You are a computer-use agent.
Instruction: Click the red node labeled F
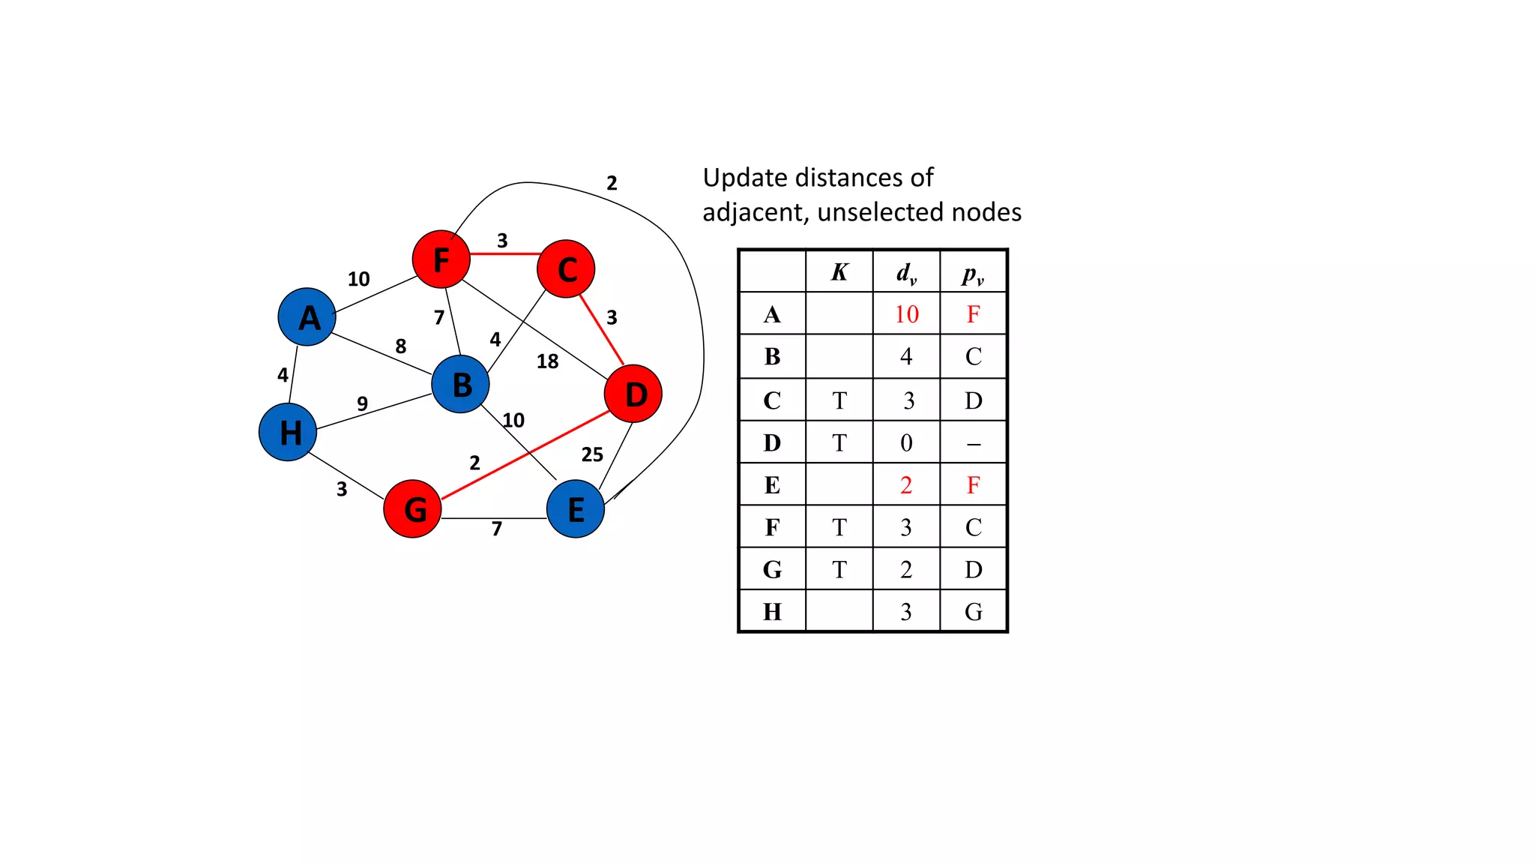pyautogui.click(x=441, y=259)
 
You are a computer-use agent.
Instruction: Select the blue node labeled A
pyautogui.click(x=307, y=317)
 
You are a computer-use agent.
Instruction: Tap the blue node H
pyautogui.click(x=288, y=432)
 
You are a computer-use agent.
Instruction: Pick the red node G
pyautogui.click(x=412, y=509)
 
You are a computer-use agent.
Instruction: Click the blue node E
pyautogui.click(x=576, y=509)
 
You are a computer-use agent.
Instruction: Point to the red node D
pyautogui.click(x=633, y=394)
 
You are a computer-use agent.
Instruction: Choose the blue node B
pyautogui.click(x=461, y=384)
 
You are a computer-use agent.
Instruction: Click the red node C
pyautogui.click(x=566, y=269)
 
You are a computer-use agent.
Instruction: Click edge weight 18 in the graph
pyautogui.click(x=547, y=361)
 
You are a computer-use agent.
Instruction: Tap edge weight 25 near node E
pyautogui.click(x=592, y=454)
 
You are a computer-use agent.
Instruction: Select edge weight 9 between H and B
pyautogui.click(x=362, y=403)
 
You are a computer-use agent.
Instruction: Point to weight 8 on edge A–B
pyautogui.click(x=401, y=346)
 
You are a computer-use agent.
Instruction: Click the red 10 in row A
pyautogui.click(x=906, y=314)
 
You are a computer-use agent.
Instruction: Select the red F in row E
pyautogui.click(x=973, y=485)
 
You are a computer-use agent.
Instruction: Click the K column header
pyautogui.click(x=839, y=272)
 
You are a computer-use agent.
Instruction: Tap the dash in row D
pyautogui.click(x=973, y=444)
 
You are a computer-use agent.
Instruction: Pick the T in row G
pyautogui.click(x=839, y=570)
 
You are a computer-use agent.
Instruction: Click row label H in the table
pyautogui.click(x=772, y=612)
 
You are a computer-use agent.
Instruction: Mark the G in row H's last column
pyautogui.click(x=973, y=612)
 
